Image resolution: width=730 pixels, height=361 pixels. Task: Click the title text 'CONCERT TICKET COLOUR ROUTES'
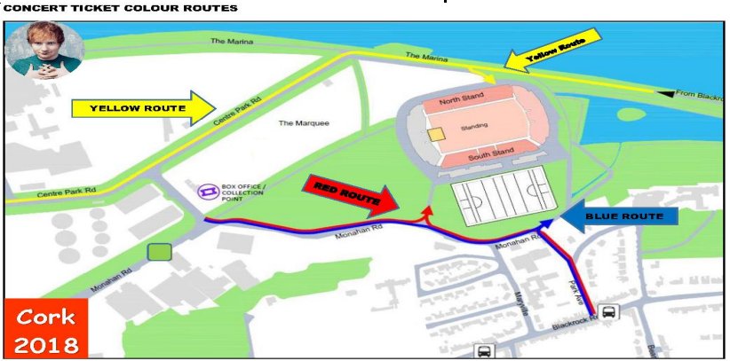click(x=119, y=8)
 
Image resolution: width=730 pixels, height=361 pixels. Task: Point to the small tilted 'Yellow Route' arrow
click(x=551, y=54)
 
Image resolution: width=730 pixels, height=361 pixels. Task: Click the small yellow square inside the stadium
click(x=435, y=134)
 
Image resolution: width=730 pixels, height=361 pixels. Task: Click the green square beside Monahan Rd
click(x=159, y=253)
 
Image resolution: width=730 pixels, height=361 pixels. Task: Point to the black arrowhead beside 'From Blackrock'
click(x=665, y=92)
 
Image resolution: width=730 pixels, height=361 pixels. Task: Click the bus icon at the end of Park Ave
click(x=609, y=312)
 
